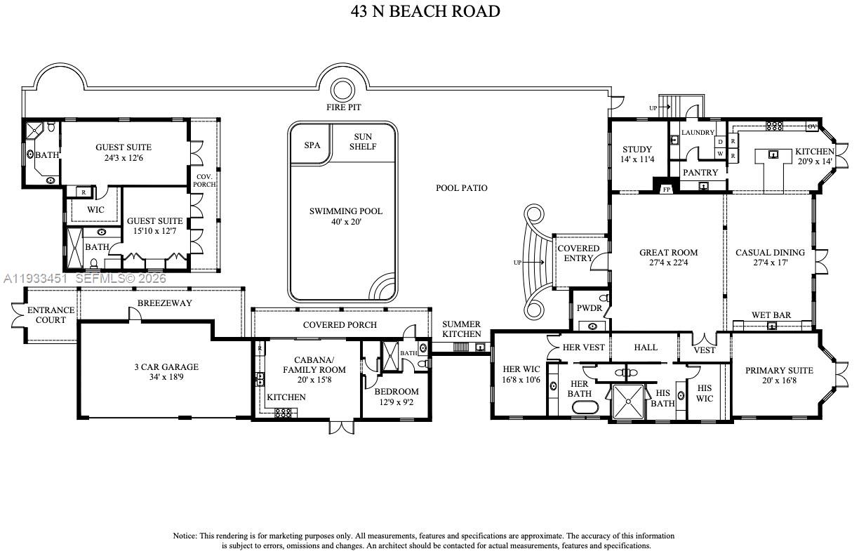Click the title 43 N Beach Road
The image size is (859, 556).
[425, 11]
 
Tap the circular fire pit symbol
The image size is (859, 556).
[342, 90]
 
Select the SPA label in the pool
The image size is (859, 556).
[312, 145]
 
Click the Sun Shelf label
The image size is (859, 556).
[363, 142]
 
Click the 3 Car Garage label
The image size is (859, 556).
[166, 372]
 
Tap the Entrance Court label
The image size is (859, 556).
[51, 315]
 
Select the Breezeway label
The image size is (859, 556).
[164, 303]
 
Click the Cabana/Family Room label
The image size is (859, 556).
[314, 364]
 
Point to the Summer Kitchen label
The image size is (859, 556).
[461, 329]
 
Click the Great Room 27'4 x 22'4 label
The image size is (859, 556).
[668, 258]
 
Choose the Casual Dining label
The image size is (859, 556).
[770, 258]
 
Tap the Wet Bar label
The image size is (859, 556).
[771, 315]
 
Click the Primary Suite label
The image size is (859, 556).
[779, 376]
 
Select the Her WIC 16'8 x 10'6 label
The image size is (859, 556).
[521, 375]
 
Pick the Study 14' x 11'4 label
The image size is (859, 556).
[637, 154]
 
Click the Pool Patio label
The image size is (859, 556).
[461, 188]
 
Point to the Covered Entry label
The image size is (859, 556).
[578, 253]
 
